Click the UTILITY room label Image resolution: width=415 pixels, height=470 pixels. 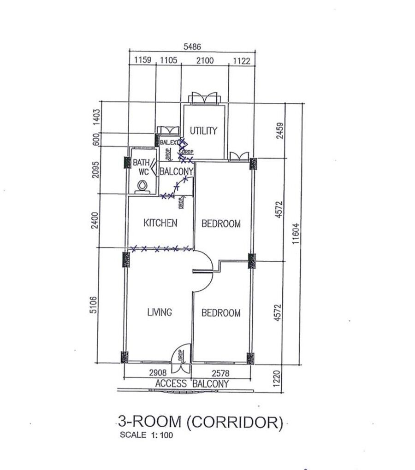[203, 131]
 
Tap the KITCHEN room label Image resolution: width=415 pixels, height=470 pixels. [160, 223]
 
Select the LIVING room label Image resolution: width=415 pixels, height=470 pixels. [160, 312]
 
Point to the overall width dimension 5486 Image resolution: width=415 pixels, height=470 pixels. [192, 47]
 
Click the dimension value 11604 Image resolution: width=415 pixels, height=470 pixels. [296, 234]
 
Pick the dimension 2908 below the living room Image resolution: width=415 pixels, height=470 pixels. [158, 373]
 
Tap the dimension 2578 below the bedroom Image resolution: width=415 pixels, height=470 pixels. [220, 373]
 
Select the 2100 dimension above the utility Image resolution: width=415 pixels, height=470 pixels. [205, 60]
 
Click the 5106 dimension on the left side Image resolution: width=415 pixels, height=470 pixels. [94, 305]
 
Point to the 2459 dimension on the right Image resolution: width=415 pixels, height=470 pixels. [279, 130]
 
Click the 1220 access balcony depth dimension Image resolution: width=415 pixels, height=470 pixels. [277, 379]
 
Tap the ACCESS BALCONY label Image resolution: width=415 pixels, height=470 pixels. [192, 384]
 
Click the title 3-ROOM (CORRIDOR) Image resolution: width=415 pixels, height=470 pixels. [201, 422]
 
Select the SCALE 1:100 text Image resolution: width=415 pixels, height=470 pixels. [146, 435]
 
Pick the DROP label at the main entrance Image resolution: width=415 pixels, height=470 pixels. [180, 356]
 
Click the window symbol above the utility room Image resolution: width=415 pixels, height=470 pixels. [204, 98]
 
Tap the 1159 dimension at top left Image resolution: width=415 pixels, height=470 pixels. [142, 60]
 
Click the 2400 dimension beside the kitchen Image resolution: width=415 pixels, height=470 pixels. [95, 220]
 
